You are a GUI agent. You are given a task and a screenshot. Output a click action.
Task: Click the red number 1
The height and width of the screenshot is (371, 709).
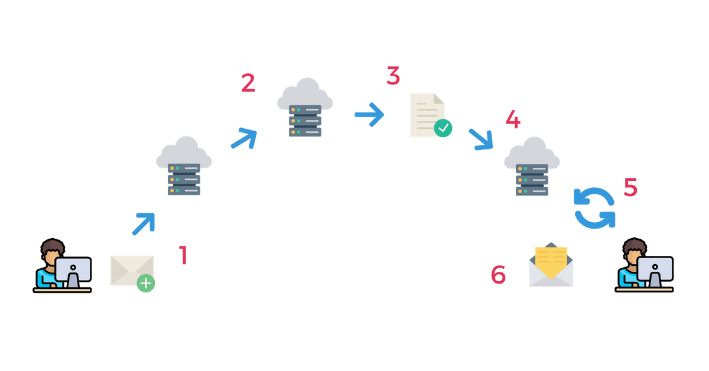pyautogui.click(x=183, y=255)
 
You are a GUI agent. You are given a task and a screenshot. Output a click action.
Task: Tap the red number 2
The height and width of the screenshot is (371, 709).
pyautogui.click(x=248, y=83)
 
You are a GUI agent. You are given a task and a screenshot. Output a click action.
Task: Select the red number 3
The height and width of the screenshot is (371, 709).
pyautogui.click(x=393, y=76)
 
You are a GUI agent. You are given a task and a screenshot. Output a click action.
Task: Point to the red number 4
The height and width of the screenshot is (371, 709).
pyautogui.click(x=513, y=120)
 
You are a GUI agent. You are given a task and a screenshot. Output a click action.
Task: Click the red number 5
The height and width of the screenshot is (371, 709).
pyautogui.click(x=630, y=188)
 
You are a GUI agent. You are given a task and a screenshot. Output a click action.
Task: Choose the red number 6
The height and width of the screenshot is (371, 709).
pyautogui.click(x=498, y=275)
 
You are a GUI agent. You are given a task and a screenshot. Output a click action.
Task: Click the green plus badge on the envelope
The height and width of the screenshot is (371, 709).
pyautogui.click(x=145, y=284)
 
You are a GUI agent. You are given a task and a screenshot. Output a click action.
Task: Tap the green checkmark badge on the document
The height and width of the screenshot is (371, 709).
pyautogui.click(x=443, y=128)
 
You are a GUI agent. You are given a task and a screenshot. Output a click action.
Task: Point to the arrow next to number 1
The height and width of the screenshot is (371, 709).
pyautogui.click(x=144, y=223)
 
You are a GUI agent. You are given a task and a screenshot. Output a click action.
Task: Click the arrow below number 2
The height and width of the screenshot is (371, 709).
pyautogui.click(x=244, y=138)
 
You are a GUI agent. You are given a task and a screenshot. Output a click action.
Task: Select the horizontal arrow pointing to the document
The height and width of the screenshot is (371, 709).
pyautogui.click(x=369, y=114)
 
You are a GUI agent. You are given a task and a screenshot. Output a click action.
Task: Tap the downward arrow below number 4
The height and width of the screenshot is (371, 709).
pyautogui.click(x=481, y=139)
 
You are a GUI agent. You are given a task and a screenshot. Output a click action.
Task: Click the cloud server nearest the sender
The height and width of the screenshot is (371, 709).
pyautogui.click(x=184, y=167)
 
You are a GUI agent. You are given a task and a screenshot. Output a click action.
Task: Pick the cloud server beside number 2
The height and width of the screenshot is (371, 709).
pyautogui.click(x=305, y=108)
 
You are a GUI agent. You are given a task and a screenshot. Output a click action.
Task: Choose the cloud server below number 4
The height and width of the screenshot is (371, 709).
pyautogui.click(x=532, y=167)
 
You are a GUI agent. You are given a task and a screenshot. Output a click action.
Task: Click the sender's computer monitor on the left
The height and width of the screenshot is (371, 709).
pyautogui.click(x=73, y=271)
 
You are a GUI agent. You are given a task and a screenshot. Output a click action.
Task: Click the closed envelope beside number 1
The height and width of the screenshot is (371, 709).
pyautogui.click(x=131, y=271)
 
